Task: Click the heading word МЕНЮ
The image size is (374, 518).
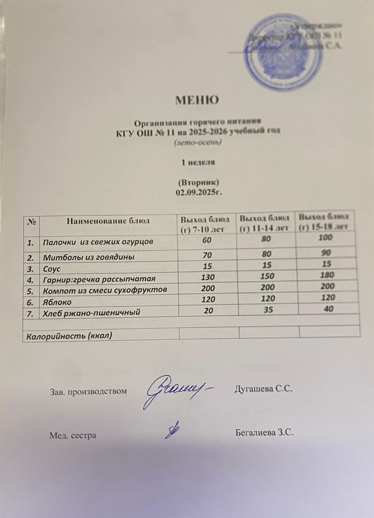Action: [197, 100]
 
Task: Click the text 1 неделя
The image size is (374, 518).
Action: [198, 163]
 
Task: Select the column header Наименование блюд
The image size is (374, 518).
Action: [108, 221]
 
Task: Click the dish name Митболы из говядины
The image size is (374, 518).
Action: [89, 257]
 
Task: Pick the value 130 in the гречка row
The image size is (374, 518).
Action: [207, 278]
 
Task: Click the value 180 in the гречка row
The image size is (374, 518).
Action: [327, 275]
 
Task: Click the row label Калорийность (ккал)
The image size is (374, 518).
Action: [69, 335]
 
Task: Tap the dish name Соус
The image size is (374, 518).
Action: [51, 268]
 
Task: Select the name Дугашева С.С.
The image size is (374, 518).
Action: [263, 389]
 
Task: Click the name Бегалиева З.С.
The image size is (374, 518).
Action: [264, 433]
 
